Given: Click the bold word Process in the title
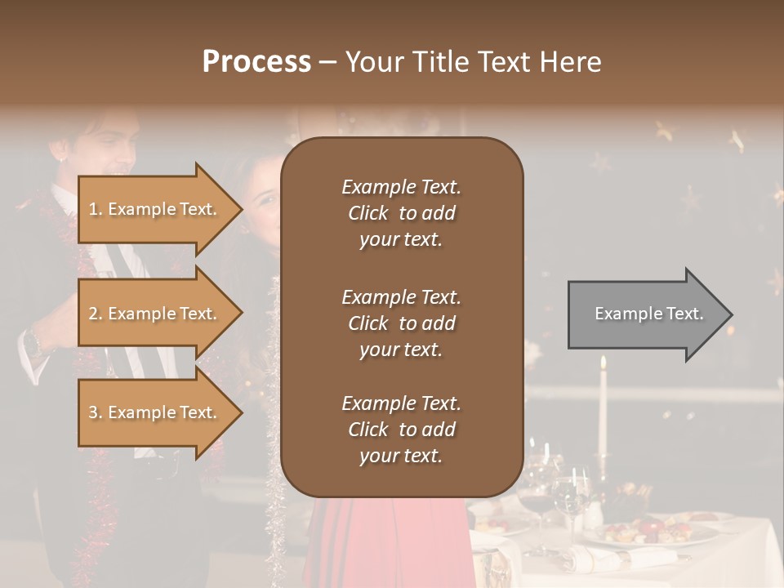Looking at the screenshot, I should coord(256,62).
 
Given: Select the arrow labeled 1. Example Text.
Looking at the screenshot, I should coord(155,209).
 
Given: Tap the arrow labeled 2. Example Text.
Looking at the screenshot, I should coord(155,314).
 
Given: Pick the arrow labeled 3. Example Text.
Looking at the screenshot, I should coord(155,412).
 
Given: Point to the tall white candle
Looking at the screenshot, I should coord(603,408).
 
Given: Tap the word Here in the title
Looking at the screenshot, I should coord(572,62).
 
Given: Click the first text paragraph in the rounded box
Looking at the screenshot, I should coord(401,213).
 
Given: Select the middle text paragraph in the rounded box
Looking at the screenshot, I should coord(401,323).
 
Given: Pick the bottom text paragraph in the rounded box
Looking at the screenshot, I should coord(401,430).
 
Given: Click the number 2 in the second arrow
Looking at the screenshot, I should coord(92,314).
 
